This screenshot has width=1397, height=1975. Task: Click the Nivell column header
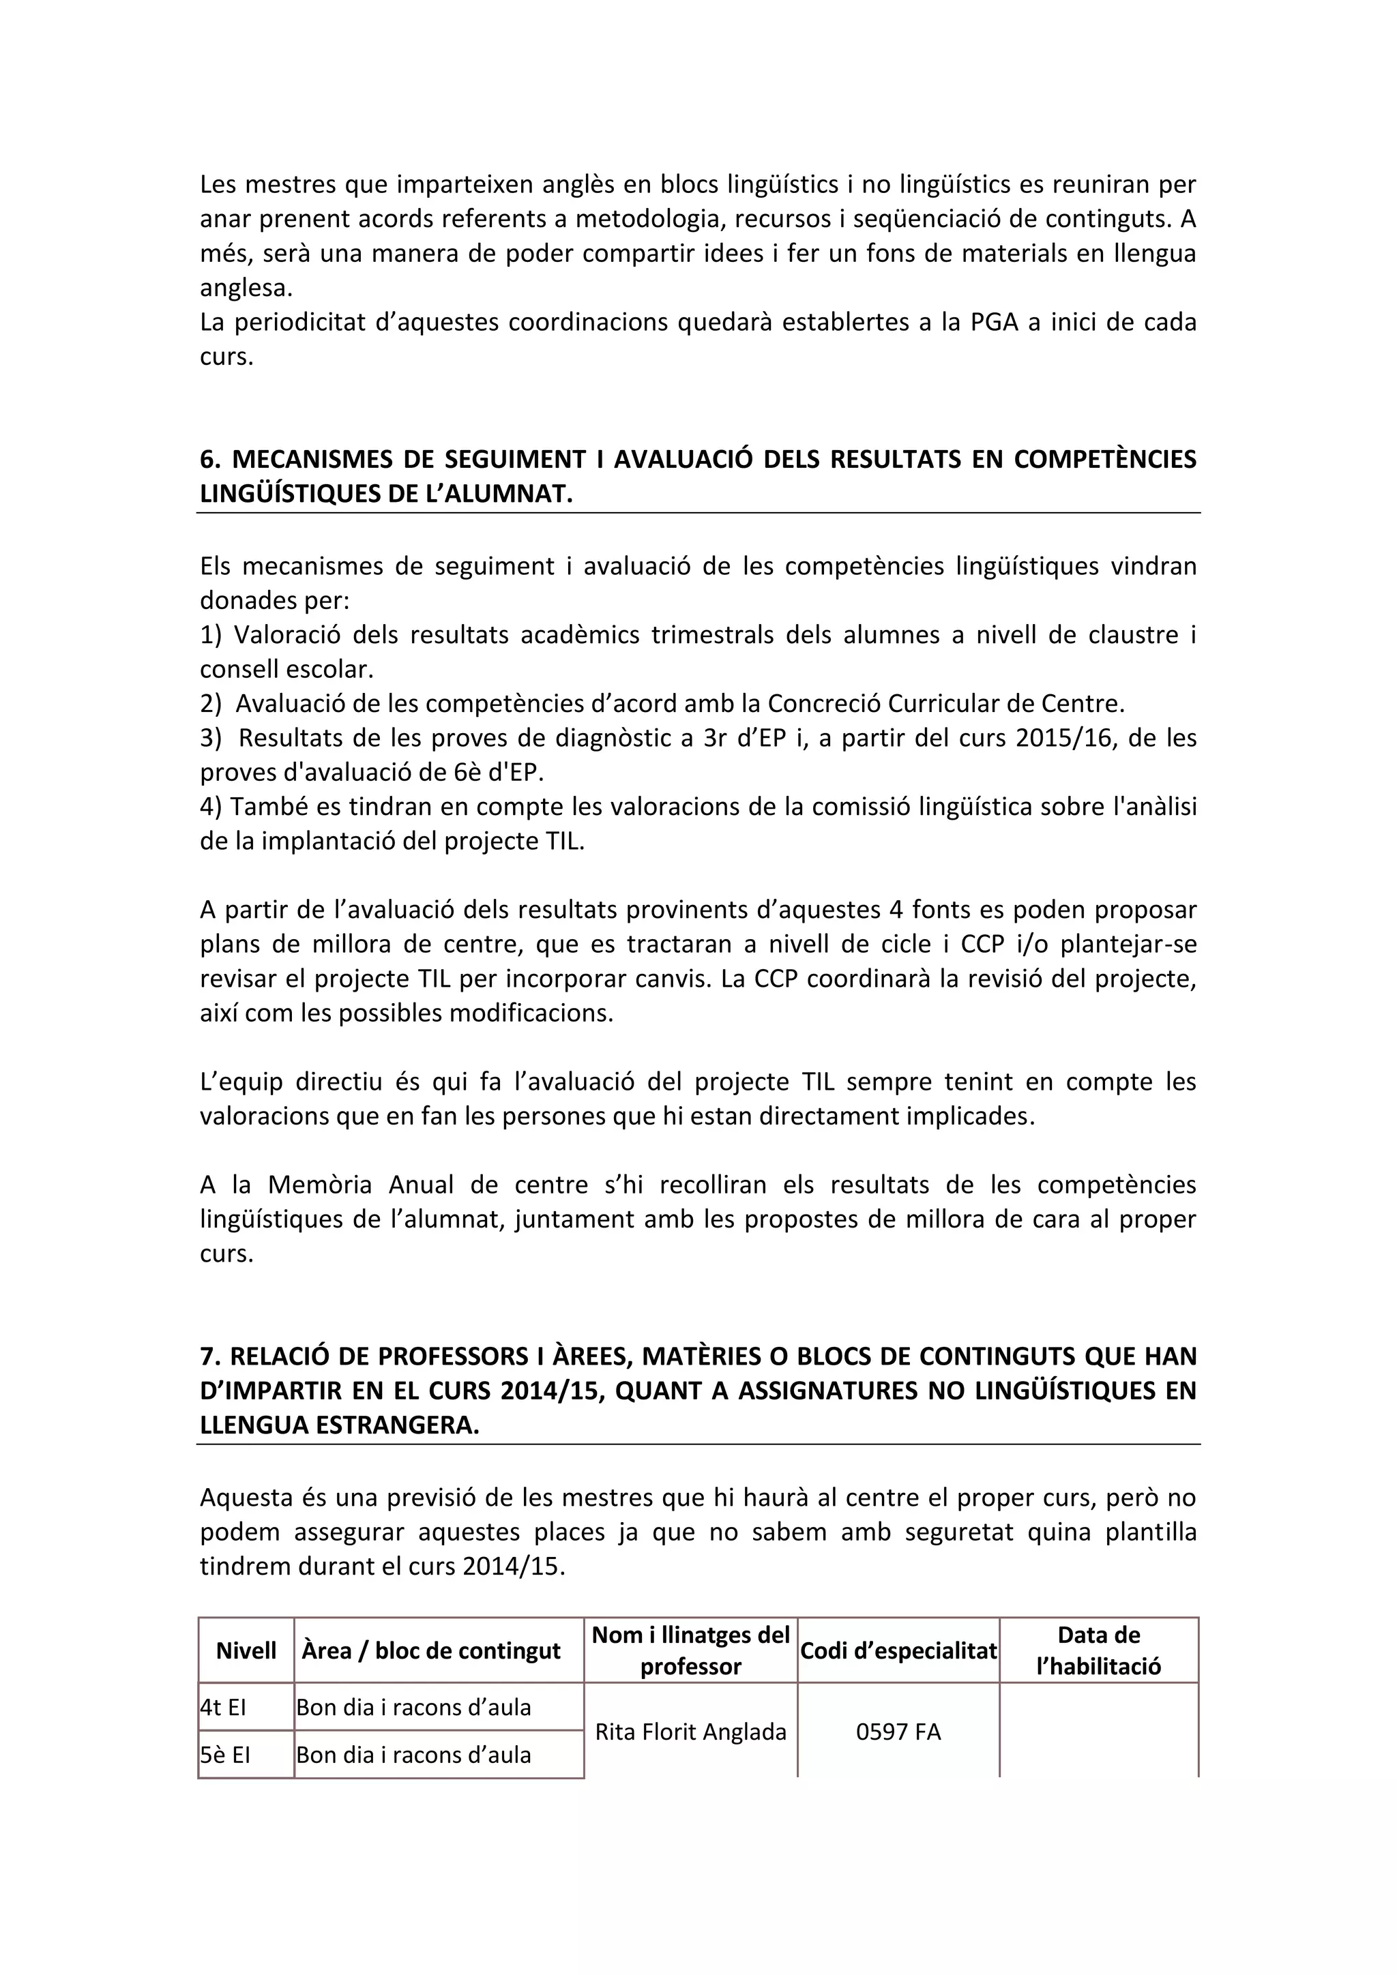coord(246,1650)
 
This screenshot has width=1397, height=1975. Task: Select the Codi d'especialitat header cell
coord(898,1650)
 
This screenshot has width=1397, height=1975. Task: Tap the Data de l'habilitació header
coord(1098,1650)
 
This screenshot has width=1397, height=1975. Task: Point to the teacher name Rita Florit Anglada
coord(691,1731)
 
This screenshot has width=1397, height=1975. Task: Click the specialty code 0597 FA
coord(898,1731)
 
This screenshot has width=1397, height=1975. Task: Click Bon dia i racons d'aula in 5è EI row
coord(414,1754)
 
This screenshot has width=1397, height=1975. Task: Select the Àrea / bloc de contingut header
coord(432,1650)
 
